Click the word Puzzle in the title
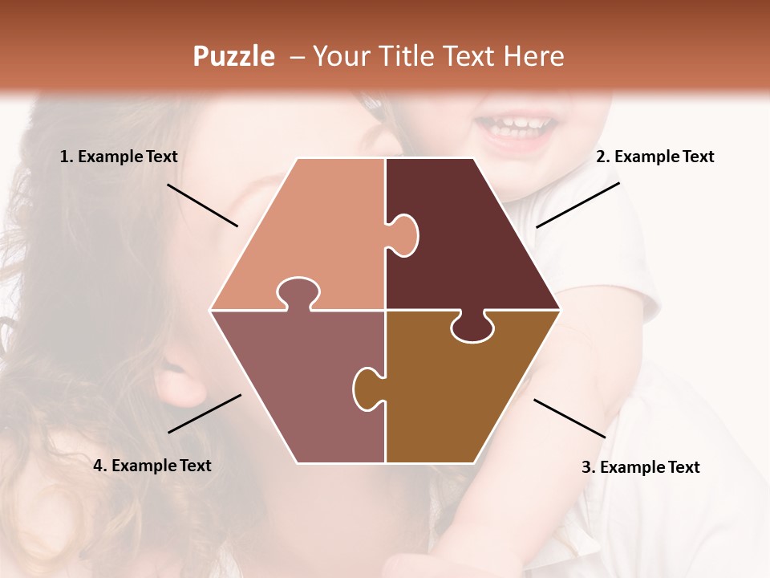tap(233, 57)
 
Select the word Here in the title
tap(533, 56)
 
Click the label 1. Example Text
tap(119, 157)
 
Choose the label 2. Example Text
tap(654, 157)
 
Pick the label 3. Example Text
tap(640, 467)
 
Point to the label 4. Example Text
tap(152, 466)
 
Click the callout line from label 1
tap(202, 205)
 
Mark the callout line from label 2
tap(577, 205)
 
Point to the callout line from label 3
tap(569, 418)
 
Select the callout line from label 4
tap(205, 413)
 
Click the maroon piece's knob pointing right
tap(406, 234)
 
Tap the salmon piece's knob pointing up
tap(298, 292)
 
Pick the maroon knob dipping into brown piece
tap(472, 328)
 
